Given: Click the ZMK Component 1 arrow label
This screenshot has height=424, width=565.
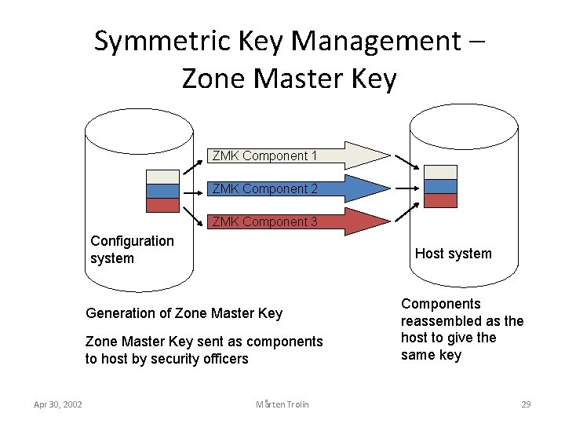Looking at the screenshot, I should [264, 155].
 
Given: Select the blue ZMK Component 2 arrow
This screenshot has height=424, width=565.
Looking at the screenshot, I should [298, 188].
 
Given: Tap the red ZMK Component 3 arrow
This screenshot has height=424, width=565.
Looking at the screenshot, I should [298, 221].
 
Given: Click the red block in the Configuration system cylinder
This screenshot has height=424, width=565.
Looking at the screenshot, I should [163, 204].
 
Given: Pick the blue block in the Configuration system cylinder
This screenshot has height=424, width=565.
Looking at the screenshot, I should [163, 191].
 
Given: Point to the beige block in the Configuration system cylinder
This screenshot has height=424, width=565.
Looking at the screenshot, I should [163, 177].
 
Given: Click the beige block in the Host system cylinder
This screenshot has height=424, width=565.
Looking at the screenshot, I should [440, 172].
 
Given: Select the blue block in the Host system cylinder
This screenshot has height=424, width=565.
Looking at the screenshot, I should [440, 186].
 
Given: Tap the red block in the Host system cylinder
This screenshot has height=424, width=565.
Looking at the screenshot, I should [440, 200].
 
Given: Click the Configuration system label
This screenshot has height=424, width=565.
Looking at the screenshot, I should [132, 250].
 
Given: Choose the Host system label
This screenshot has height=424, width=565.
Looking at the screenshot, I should [453, 254].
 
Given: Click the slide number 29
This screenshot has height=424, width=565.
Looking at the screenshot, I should [526, 404].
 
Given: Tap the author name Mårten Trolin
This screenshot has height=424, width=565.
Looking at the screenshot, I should [282, 404].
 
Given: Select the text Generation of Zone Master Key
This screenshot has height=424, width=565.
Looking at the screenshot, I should [184, 313].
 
